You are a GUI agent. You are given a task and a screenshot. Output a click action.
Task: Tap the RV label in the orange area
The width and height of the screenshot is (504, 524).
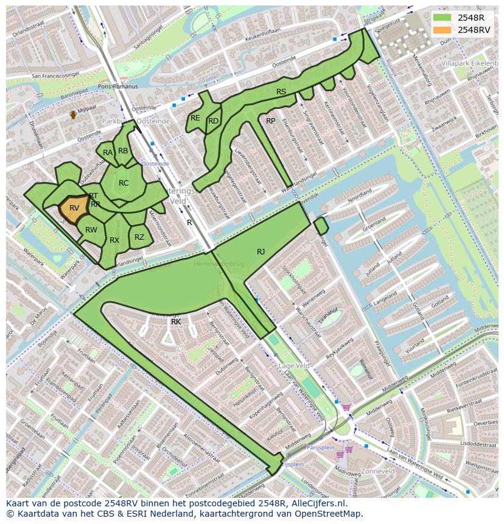tap(74, 208)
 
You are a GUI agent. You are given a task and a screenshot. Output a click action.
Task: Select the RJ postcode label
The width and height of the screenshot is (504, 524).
tap(261, 251)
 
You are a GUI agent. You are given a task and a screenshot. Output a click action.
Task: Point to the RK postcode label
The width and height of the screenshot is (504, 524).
tap(176, 321)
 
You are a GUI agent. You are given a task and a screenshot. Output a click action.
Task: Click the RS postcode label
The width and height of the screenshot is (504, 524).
tap(281, 92)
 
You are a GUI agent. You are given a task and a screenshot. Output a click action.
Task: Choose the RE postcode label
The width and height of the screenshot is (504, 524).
tap(195, 118)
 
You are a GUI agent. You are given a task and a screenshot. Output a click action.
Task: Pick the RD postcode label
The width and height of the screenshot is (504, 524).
tap(213, 121)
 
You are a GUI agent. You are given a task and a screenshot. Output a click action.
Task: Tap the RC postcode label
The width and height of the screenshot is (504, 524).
tap(124, 183)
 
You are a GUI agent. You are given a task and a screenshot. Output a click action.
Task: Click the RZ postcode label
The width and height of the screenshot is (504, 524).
tap(139, 237)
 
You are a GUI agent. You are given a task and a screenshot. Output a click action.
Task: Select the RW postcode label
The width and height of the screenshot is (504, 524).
tap(91, 229)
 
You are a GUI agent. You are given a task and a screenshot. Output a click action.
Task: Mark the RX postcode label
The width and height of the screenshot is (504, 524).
tap(114, 240)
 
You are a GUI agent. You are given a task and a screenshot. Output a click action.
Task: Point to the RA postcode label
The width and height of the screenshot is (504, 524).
tap(108, 153)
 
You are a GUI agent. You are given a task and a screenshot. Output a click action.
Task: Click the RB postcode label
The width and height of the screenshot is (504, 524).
tap(123, 151)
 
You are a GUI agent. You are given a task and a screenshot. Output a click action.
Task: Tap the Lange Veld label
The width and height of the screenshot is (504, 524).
tap(293, 366)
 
